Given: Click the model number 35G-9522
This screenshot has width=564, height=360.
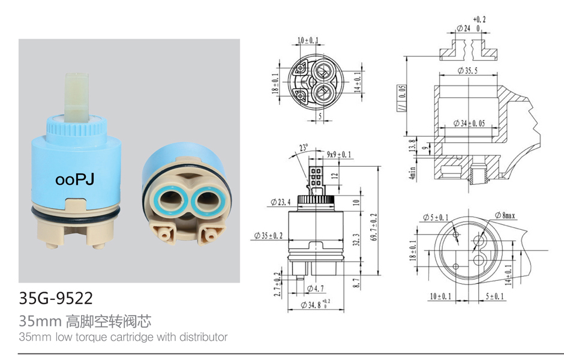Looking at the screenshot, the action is tap(56, 298).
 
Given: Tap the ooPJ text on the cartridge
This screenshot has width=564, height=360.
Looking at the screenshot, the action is tap(75, 179).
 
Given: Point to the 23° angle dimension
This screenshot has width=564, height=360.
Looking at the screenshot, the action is tap(304, 148).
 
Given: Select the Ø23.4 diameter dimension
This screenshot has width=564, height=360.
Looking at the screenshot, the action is tap(281, 202).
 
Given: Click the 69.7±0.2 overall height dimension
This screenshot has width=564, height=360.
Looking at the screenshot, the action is tap(374, 227).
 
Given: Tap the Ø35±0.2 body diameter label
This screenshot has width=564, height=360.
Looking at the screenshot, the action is tap(268, 236).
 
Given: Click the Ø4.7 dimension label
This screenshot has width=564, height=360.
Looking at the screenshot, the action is tap(315, 289).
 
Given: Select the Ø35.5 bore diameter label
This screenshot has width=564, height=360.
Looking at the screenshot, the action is tap(467, 70).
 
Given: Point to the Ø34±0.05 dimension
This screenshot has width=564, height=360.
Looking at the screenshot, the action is tap(469, 124).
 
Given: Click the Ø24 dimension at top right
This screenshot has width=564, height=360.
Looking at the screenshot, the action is tap(463, 28).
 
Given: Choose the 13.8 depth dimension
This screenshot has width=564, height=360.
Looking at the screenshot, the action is tap(412, 145).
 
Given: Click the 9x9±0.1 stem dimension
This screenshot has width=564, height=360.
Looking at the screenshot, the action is tap(338, 155).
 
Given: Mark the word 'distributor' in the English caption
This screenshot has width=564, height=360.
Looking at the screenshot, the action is tap(203, 337).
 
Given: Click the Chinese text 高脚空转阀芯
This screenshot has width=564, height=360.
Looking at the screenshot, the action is tap(109, 321).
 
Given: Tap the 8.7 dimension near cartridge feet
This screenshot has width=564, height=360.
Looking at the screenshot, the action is tap(356, 283).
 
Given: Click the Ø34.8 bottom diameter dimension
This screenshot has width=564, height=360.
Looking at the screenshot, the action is tap(315, 305).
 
